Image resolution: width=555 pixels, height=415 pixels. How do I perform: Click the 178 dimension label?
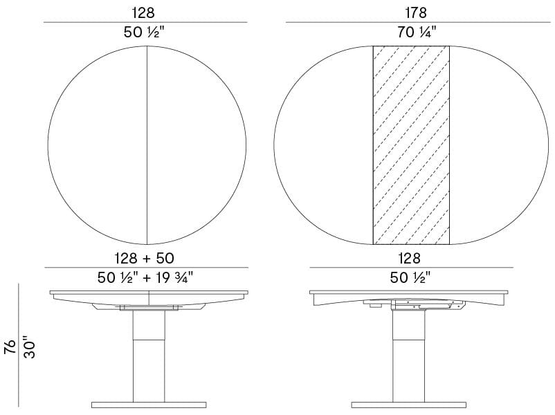tap(417, 12)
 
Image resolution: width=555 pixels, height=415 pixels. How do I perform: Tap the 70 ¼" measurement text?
tap(417, 32)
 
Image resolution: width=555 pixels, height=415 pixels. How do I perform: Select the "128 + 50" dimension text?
tap(146, 258)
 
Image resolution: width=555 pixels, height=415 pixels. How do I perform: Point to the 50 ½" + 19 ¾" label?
tap(146, 277)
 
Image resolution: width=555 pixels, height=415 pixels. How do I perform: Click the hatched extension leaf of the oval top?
tap(412, 145)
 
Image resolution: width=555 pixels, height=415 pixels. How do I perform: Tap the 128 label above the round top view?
tap(145, 12)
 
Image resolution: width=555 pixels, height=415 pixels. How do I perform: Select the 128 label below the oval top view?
tap(411, 258)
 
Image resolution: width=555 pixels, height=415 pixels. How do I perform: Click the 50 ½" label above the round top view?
tap(145, 32)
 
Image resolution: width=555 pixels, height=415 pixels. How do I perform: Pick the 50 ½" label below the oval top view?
tap(411, 277)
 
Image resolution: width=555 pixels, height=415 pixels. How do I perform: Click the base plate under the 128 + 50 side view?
tap(148, 404)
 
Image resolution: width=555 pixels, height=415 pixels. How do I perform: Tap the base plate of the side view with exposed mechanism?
tap(408, 404)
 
